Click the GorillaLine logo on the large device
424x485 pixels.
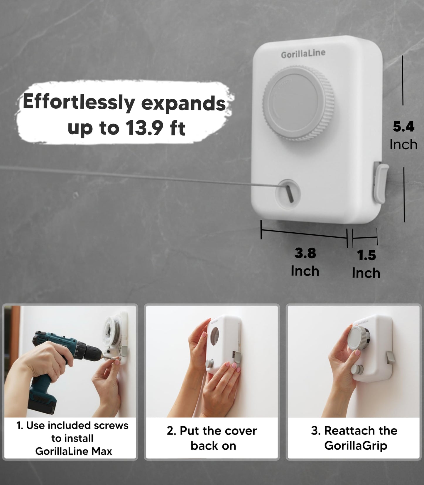303,54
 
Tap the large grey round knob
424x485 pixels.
298,103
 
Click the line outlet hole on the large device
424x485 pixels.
288,194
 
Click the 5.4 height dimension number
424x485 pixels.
403,127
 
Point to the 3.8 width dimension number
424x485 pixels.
305,253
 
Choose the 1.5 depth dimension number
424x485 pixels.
366,255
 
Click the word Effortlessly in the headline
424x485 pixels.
79,102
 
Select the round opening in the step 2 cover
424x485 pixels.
215,337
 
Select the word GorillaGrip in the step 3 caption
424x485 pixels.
356,446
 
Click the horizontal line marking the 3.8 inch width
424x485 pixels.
304,234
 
